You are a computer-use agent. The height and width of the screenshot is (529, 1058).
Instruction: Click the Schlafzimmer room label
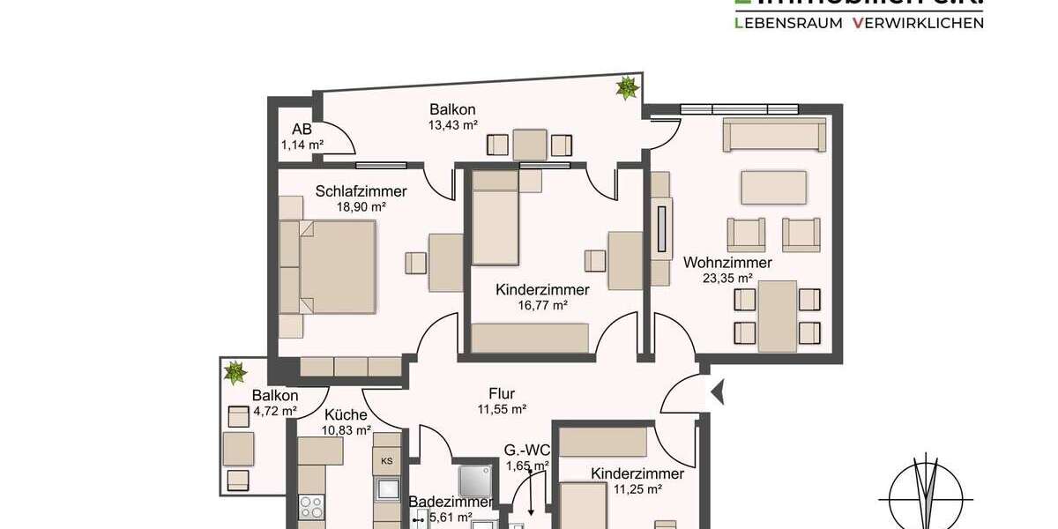(x=361, y=191)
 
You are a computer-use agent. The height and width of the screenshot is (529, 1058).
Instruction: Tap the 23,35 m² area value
(x=727, y=279)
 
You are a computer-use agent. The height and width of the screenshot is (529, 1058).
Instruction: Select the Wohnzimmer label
(x=727, y=263)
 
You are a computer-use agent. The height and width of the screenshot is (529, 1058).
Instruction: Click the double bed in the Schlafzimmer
(x=338, y=266)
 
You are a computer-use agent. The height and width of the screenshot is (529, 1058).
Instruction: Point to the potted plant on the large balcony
(x=627, y=87)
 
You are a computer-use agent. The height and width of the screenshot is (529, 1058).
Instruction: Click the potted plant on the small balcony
(x=235, y=372)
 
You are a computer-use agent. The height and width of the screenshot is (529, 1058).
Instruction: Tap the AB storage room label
(x=302, y=130)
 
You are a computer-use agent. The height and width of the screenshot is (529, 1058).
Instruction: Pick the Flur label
(x=502, y=394)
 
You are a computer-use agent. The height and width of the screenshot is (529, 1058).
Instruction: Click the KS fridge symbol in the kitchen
(x=386, y=460)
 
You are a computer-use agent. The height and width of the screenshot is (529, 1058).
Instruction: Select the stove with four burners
(x=311, y=508)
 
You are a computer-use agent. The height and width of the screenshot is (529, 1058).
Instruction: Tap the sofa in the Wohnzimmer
(x=774, y=136)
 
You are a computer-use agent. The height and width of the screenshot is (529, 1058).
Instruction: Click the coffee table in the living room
(x=774, y=187)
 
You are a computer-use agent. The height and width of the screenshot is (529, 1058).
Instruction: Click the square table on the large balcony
(x=530, y=145)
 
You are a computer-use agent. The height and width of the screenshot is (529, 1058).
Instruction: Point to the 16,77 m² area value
(x=543, y=305)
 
